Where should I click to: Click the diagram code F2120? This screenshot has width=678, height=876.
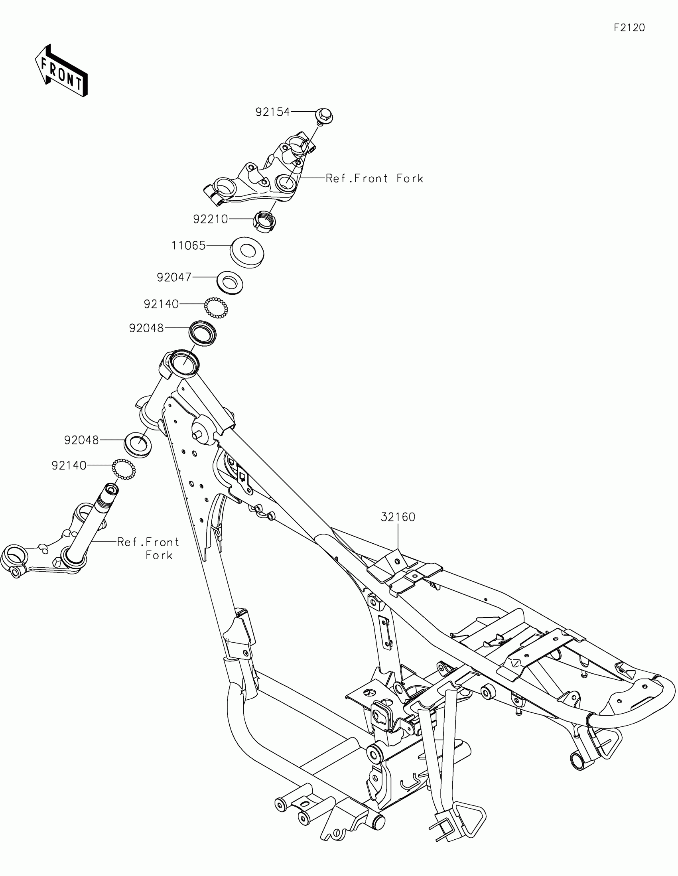[629, 28]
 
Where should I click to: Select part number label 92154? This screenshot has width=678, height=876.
[273, 112]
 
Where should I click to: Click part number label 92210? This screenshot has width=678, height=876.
[211, 219]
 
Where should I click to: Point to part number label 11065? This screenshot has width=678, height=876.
[189, 245]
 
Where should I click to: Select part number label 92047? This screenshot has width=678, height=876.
[174, 277]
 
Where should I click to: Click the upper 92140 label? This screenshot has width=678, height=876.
[161, 304]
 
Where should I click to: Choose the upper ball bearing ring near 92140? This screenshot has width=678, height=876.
[216, 308]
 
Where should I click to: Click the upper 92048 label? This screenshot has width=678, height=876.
[146, 328]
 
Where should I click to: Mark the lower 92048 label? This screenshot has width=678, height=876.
[81, 440]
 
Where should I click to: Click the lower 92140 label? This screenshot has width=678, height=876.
[69, 466]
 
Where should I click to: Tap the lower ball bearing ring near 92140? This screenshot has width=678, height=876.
[124, 468]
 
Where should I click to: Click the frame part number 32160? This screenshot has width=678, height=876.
[398, 517]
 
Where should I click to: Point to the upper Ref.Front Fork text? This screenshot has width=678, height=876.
[374, 178]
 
